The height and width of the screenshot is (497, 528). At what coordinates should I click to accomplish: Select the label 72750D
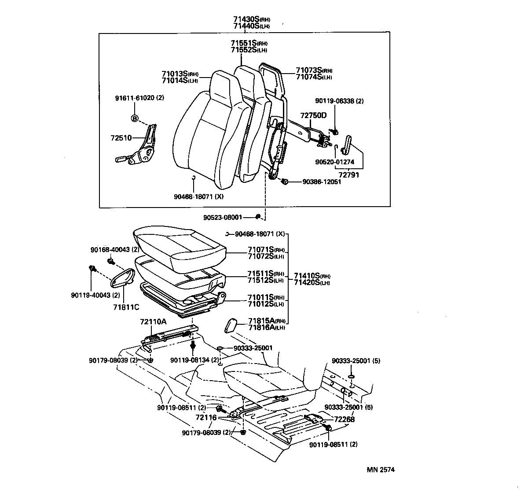pyautogui.click(x=313, y=115)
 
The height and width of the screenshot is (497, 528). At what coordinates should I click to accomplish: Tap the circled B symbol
pyautogui.click(x=135, y=118)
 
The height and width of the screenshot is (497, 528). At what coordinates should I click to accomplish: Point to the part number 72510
pyautogui.click(x=121, y=138)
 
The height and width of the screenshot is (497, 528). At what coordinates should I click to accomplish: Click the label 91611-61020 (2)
pyautogui.click(x=139, y=98)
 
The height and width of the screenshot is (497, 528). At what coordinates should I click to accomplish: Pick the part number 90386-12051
pyautogui.click(x=321, y=182)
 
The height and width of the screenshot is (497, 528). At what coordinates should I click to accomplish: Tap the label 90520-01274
pyautogui.click(x=334, y=162)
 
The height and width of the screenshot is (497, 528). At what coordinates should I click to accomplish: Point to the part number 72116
pyautogui.click(x=206, y=417)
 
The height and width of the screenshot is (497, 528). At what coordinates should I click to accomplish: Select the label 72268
pyautogui.click(x=344, y=419)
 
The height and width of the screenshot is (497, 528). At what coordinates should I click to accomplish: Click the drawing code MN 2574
pyautogui.click(x=381, y=470)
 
